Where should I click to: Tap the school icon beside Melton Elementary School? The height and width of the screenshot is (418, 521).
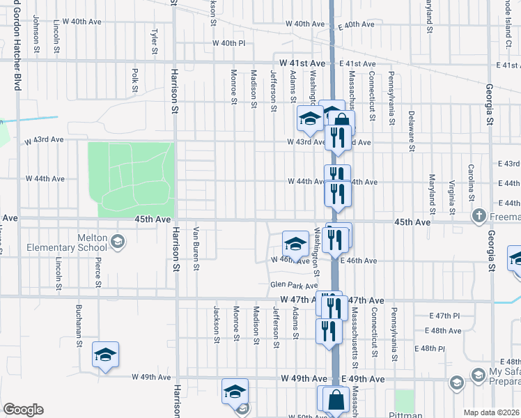tap(117, 241)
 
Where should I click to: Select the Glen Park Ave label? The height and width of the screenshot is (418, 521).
tap(293, 285)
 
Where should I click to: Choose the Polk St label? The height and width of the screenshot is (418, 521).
tap(134, 80)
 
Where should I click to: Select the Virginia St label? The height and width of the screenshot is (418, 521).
tap(452, 196)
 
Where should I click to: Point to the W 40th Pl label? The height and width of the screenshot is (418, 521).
tap(229, 43)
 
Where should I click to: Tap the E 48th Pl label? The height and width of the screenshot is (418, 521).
tap(430, 348)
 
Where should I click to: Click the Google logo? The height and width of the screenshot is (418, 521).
tap(23, 410)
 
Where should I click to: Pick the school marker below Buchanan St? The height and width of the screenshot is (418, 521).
tap(105, 355)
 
